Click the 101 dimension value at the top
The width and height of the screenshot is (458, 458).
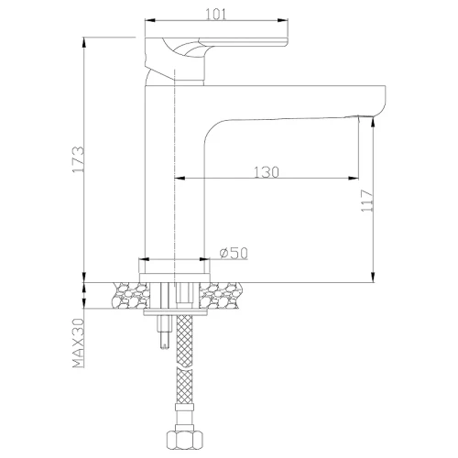click(216, 14)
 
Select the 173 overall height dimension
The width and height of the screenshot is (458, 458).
click(78, 159)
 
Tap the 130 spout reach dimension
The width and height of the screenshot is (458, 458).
click(267, 172)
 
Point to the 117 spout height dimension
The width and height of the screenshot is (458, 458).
click(367, 201)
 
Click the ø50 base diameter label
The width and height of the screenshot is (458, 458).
click(234, 253)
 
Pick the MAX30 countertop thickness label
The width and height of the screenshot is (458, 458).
click(78, 343)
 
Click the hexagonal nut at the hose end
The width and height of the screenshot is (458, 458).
click(185, 440)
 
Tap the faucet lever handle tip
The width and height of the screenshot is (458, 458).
click(286, 42)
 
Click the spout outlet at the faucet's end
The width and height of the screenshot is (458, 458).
click(365, 116)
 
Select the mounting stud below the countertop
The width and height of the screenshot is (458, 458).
click(164, 333)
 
